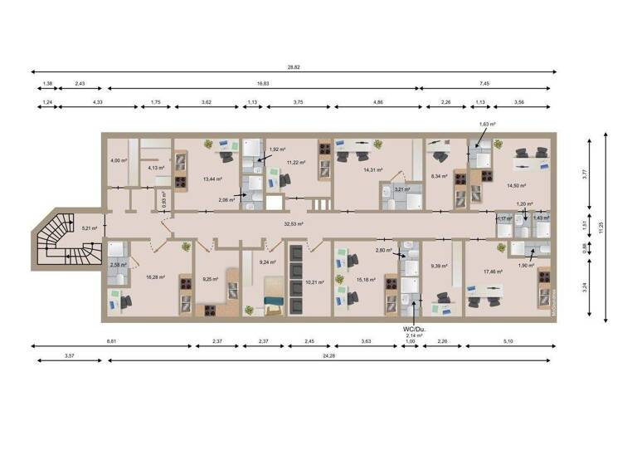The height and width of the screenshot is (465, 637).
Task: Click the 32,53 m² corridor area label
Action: pos(293,224)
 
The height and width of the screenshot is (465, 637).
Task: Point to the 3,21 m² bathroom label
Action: pos(402,188)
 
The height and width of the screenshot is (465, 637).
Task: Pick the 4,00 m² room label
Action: pos(119,160)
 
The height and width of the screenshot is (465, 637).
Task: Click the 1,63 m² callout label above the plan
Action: pos(486,124)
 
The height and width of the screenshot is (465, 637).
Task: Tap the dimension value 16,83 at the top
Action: pos(262,84)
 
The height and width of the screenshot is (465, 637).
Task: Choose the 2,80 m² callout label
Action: pos(383,250)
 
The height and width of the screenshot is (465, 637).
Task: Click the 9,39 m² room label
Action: pos(439,266)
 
